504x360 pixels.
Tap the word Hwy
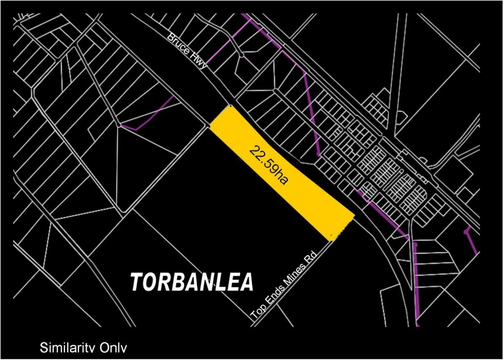pos(200,62)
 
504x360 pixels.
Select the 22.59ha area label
pos(268,164)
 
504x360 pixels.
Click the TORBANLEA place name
pos(192,281)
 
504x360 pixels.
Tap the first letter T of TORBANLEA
pos(137,281)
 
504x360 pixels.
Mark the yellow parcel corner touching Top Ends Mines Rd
pos(330,240)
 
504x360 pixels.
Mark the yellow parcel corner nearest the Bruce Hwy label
pos(229,106)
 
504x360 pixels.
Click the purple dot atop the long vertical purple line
pos(415,244)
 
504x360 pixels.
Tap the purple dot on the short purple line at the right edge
pos(466,231)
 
